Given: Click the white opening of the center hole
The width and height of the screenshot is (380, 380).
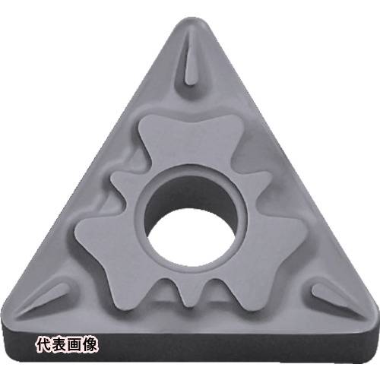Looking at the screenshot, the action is (191, 239).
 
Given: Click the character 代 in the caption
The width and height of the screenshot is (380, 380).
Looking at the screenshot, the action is (43, 345).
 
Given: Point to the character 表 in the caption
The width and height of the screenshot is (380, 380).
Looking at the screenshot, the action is (59, 345).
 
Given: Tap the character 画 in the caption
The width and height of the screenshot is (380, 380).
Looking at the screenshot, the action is (74, 345).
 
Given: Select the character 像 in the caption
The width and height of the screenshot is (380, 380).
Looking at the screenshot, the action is (89, 345).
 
